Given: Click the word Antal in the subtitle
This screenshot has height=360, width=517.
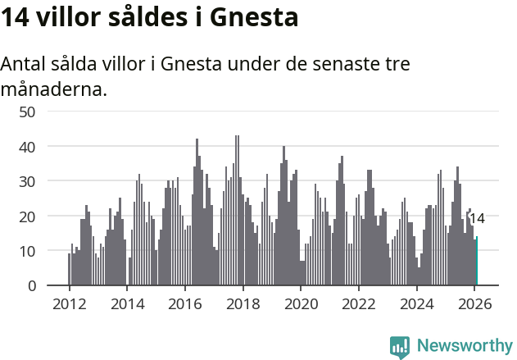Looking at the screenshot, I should tap(25, 65).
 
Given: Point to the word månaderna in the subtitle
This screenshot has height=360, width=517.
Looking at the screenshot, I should tap(54, 89).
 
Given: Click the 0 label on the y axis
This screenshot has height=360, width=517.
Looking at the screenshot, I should tap(32, 286).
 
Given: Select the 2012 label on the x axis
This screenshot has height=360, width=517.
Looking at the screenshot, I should tap(69, 304).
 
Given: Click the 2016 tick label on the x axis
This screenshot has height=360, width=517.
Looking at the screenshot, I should tap(184, 304).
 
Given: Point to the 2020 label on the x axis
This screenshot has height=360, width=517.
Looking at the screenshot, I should tap(301, 304).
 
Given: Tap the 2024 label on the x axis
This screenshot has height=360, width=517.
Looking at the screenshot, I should tap(416, 304).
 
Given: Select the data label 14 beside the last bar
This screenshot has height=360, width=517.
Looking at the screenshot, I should tap(477, 218).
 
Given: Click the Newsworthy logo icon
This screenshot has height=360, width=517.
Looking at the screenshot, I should tap(400, 347).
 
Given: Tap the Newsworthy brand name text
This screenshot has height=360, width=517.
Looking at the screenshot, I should tap(464, 346).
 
